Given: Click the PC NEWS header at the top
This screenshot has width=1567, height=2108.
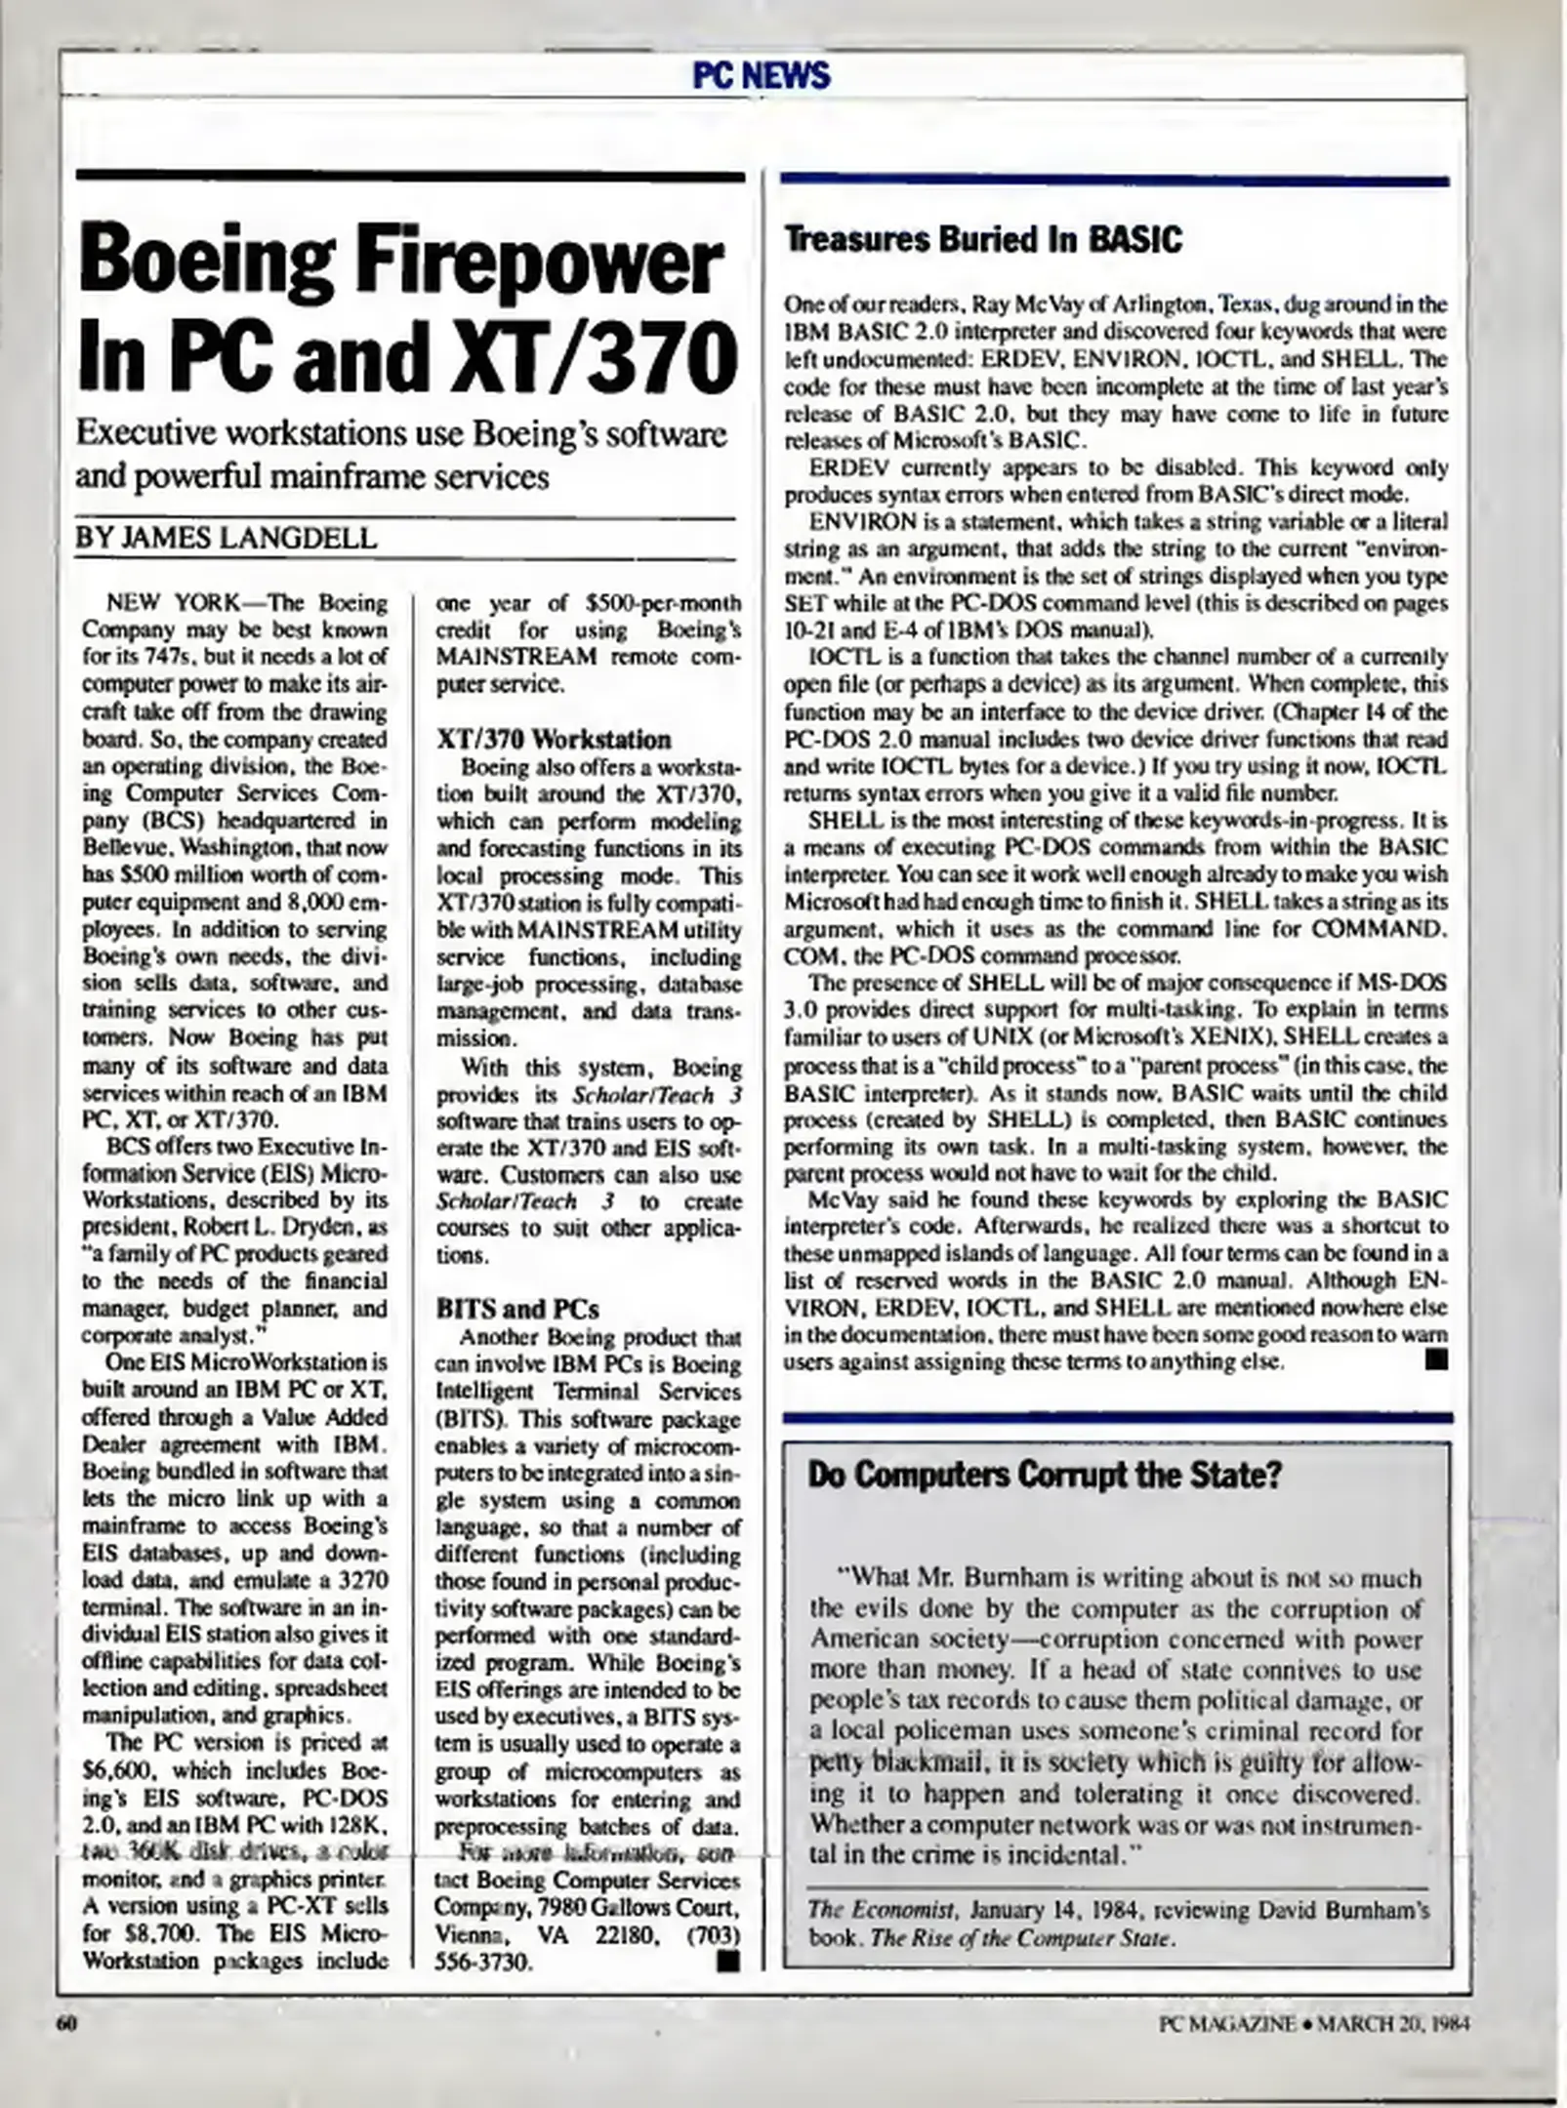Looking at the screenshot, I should [x=761, y=75].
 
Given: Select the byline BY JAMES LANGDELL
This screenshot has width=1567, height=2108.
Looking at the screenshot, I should [x=226, y=538].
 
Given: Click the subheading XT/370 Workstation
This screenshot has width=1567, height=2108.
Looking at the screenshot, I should [x=554, y=740].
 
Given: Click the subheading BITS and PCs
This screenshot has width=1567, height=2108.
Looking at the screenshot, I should [x=516, y=1309].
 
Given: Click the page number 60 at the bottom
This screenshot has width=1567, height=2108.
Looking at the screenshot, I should [x=67, y=2023].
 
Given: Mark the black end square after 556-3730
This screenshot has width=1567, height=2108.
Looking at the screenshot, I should [x=725, y=1960].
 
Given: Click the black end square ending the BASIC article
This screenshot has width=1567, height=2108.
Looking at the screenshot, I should [x=1435, y=1359].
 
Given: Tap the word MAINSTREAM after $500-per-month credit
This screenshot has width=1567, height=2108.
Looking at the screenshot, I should [x=515, y=657].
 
